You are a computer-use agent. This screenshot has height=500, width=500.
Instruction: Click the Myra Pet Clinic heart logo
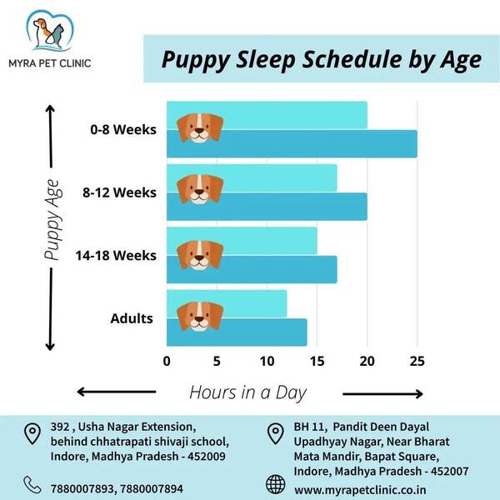[50, 31]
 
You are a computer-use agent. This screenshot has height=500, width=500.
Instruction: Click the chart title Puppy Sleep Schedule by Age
[322, 60]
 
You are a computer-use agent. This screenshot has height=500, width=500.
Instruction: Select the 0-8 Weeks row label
[123, 130]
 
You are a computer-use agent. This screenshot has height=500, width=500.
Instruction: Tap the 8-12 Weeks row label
[119, 192]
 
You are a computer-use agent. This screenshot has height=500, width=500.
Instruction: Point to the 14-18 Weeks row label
[116, 256]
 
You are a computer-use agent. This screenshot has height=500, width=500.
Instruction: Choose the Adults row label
[132, 318]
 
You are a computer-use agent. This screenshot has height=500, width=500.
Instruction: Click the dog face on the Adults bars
[200, 317]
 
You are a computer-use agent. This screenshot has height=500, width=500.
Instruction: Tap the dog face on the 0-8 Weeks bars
[200, 127]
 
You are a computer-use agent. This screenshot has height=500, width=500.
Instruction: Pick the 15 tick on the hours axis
[317, 362]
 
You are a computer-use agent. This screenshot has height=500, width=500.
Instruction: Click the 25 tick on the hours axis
[417, 362]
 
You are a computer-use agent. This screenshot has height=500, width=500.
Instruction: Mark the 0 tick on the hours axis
[167, 362]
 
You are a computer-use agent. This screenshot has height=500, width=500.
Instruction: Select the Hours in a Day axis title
[247, 392]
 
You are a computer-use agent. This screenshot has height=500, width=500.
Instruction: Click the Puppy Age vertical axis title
[52, 220]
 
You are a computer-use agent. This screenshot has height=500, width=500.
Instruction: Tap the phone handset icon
[32, 485]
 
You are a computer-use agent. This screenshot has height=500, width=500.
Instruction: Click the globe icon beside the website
[276, 484]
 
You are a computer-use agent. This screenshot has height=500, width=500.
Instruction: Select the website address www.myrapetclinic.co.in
[360, 490]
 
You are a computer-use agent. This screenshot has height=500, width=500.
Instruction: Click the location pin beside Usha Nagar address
[32, 434]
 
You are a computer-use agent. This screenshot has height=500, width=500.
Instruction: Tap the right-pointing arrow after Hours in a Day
[382, 394]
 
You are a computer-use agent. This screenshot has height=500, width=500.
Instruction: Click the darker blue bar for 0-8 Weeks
[292, 144]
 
